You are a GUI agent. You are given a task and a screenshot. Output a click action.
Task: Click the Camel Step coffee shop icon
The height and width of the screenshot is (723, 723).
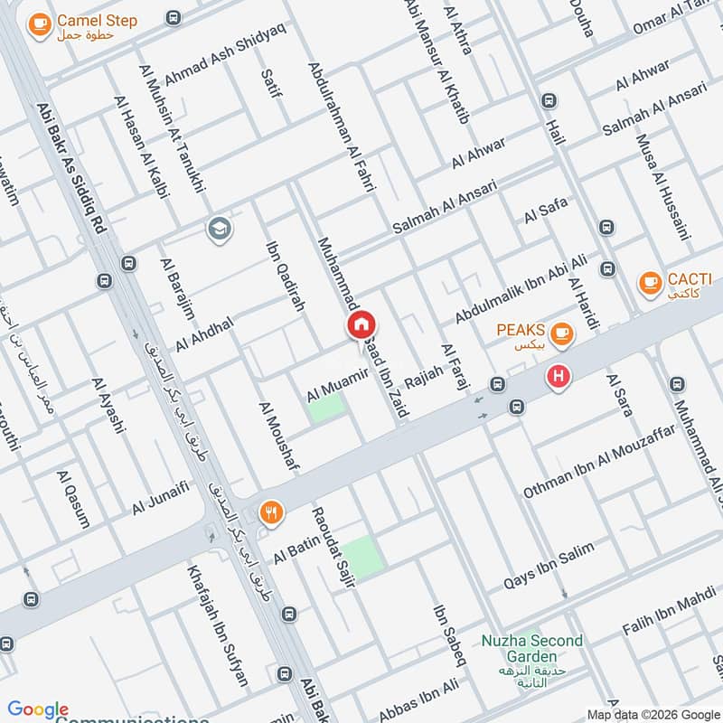(x=39, y=26)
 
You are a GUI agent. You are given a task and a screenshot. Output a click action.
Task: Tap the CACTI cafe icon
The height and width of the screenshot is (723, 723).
(x=649, y=284)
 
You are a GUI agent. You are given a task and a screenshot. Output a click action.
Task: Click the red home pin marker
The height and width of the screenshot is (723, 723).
(x=361, y=324)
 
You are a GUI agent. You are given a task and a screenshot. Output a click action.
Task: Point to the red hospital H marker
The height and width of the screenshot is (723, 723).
(x=559, y=377)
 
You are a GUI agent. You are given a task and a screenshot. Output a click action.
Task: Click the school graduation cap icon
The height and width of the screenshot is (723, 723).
(x=218, y=230)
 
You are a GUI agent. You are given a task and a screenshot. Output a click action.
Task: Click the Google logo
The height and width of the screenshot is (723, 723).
(x=38, y=709)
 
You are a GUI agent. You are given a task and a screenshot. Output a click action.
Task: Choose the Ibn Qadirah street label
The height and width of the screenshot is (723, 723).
(x=285, y=277)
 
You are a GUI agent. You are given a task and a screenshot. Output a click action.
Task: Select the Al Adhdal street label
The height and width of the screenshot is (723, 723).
(x=204, y=334)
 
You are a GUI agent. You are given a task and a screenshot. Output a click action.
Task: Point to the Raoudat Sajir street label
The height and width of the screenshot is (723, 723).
(x=331, y=549)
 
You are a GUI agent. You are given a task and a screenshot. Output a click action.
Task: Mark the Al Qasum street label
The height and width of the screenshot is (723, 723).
(x=73, y=499)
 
